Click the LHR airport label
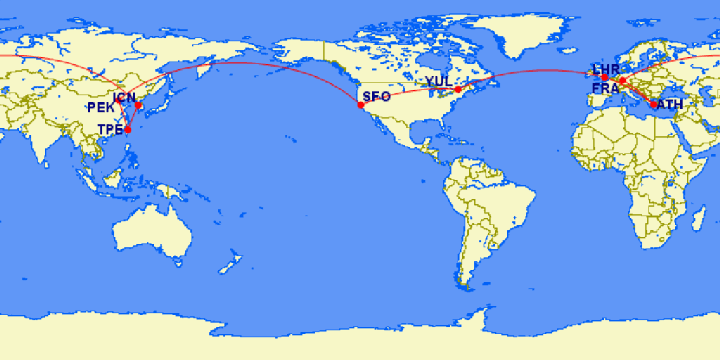pyautogui.click(x=607, y=69)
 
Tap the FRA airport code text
pyautogui.click(x=605, y=88)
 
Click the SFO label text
pyautogui.click(x=377, y=97)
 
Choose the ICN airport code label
pyautogui.click(x=126, y=98)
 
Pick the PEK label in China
pyautogui.click(x=101, y=107)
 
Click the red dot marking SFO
pyautogui.click(x=360, y=104)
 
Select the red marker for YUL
pyautogui.click(x=458, y=89)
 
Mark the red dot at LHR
pyautogui.click(x=604, y=77)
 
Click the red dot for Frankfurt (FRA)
pyautogui.click(x=621, y=81)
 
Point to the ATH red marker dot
pyautogui.click(x=654, y=104)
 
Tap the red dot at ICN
pyautogui.click(x=139, y=106)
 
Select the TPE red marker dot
pyautogui.click(x=127, y=130)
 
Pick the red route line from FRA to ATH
pyautogui.click(x=638, y=93)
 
